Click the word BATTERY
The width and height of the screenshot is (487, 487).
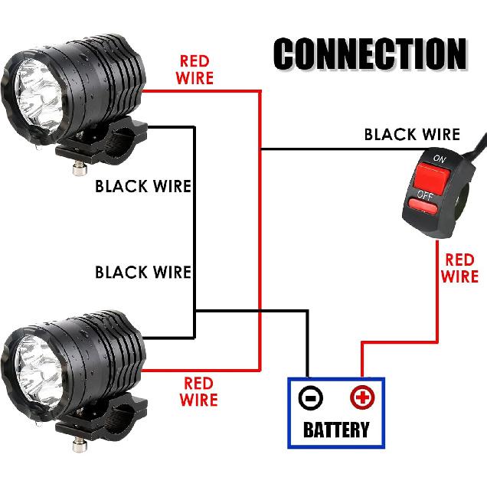pos(337,429)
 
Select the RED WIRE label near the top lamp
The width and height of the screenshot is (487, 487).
pos(196,69)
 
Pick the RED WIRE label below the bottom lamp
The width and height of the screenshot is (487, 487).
pos(198,391)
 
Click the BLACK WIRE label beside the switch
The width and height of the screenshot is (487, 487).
pos(412,136)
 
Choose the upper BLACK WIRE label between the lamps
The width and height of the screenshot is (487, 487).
pos(142,186)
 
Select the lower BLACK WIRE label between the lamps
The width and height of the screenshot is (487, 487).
pos(142,272)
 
